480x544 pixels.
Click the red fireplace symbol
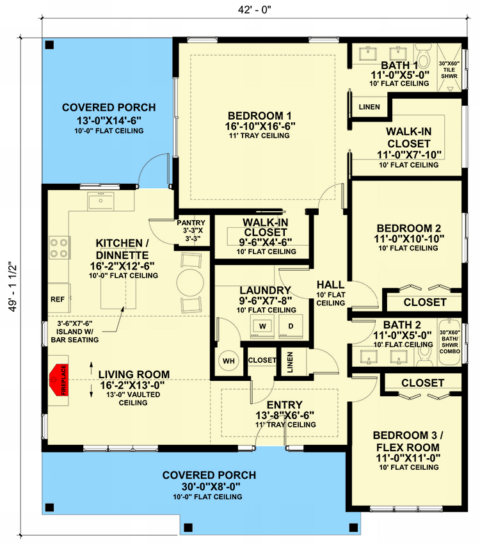pyautogui.click(x=59, y=380)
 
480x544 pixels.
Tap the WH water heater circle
pyautogui.click(x=228, y=361)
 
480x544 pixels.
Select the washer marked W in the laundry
pyautogui.click(x=262, y=326)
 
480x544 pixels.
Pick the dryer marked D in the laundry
pyautogui.click(x=291, y=326)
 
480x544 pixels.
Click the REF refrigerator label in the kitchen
pyautogui.click(x=57, y=299)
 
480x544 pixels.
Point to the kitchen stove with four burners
pyautogui.click(x=59, y=248)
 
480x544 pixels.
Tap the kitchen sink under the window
pyautogui.click(x=100, y=201)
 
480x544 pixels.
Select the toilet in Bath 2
pyautogui.click(x=424, y=356)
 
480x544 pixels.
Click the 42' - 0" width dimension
pyautogui.click(x=255, y=10)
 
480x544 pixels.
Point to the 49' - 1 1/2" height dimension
pyautogui.click(x=13, y=286)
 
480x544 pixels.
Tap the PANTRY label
pyautogui.click(x=191, y=223)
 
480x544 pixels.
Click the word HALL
pyautogui.click(x=330, y=285)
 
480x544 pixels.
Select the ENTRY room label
pyautogui.click(x=284, y=405)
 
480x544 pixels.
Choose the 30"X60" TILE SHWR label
pyautogui.click(x=449, y=70)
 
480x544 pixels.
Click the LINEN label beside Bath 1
pyautogui.click(x=369, y=107)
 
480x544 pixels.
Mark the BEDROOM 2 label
pyautogui.click(x=409, y=228)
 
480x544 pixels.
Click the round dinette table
pyautogui.click(x=190, y=282)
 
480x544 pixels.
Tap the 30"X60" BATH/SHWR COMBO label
pyautogui.click(x=450, y=342)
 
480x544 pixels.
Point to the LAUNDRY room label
pyautogui.click(x=265, y=291)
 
